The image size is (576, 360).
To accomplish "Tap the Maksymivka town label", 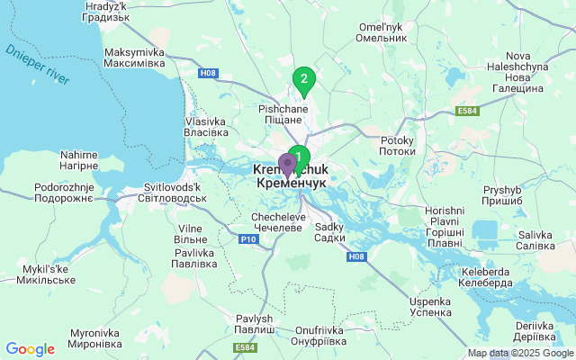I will pos(135,58).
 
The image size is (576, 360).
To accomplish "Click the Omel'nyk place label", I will pos(382,32).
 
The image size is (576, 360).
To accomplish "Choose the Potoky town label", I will pos(397,147).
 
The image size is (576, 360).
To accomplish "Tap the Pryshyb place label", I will pos(502,195).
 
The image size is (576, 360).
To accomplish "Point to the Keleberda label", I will pos(486,276).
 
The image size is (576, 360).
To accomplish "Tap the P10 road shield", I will pos(247,239).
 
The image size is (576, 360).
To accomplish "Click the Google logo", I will pos(30,349).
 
